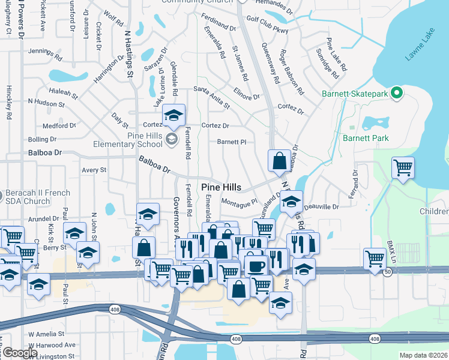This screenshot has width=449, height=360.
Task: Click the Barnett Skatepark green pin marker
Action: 396,93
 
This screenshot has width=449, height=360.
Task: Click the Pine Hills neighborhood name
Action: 221,187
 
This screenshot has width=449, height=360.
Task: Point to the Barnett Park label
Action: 366,138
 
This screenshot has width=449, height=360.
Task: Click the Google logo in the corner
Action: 19,353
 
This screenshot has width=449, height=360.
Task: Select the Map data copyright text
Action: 423,355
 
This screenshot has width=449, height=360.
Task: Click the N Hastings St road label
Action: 128,55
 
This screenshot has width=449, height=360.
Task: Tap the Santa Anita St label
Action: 211,97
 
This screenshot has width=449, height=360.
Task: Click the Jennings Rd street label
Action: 45,55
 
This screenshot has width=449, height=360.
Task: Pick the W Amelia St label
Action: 46,334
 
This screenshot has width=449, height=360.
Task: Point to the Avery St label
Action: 94,170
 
